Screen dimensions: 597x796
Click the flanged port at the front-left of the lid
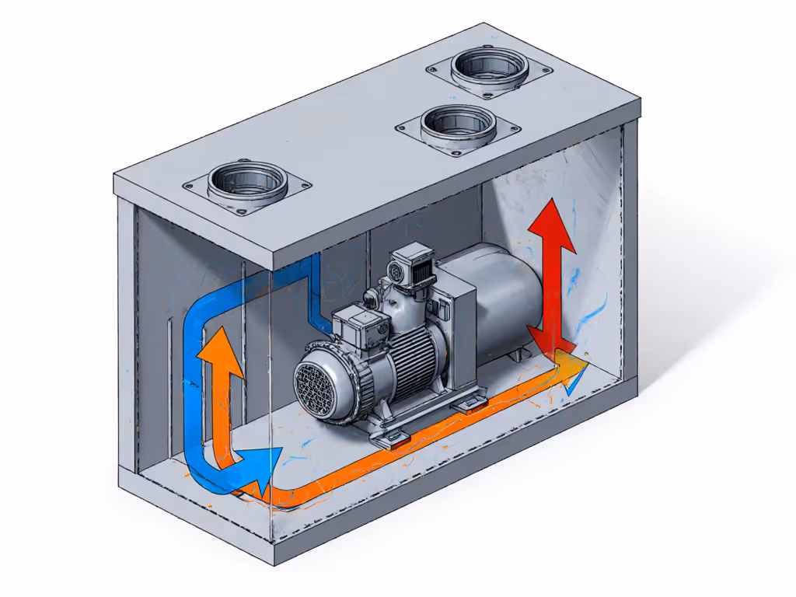tap(248, 183)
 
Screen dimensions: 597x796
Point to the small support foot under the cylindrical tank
tap(516, 354)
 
